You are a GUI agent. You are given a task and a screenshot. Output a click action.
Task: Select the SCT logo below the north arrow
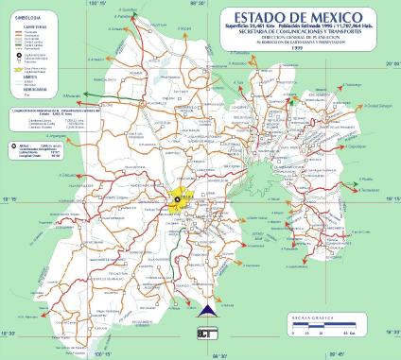pyautogui.click(x=207, y=334)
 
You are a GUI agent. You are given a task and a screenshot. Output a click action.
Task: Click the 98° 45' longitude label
pyautogui.click(x=360, y=354)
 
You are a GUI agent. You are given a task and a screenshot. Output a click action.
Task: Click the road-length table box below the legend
pyautogui.click(x=42, y=122)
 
